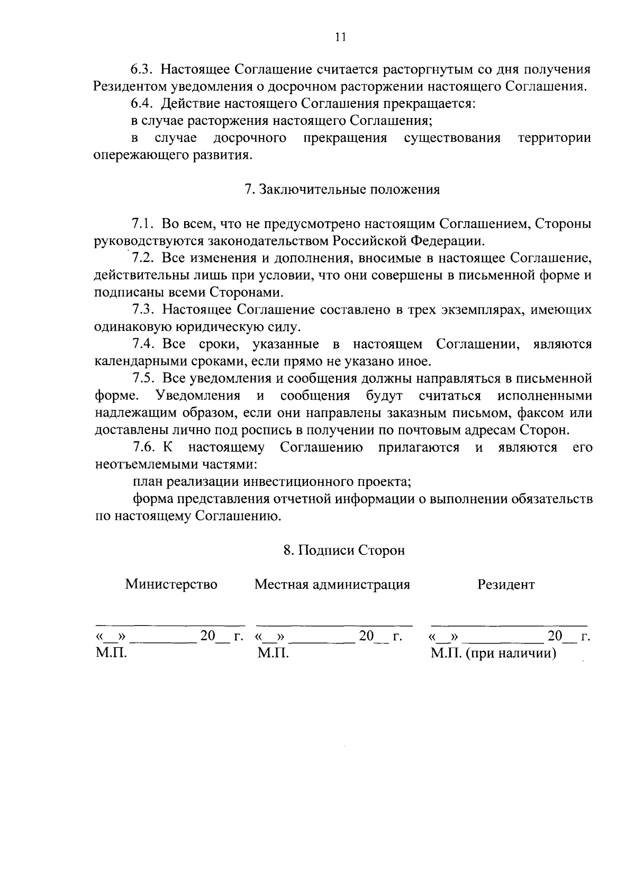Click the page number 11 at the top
click(x=340, y=37)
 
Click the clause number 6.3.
click(x=142, y=69)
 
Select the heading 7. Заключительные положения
click(x=342, y=190)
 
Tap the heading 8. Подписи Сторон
click(x=344, y=550)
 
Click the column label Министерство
click(x=171, y=584)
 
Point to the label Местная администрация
click(x=332, y=584)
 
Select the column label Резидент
click(x=506, y=584)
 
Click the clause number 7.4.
click(x=143, y=344)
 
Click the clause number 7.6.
click(x=143, y=447)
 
